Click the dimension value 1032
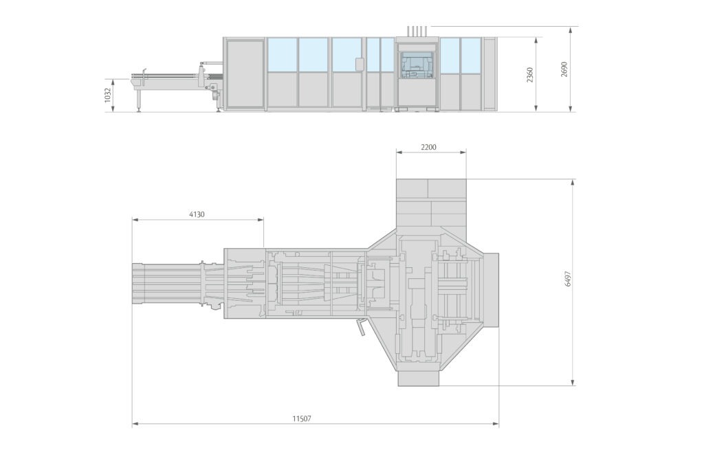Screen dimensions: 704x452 tap(107, 95)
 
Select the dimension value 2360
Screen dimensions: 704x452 tap(530, 75)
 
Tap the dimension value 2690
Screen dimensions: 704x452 tap(564, 69)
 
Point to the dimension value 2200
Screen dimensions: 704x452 tap(428, 146)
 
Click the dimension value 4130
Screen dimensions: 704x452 tap(197, 214)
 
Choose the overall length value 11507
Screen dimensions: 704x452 tap(302, 419)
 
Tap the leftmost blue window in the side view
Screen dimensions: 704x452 tap(282, 55)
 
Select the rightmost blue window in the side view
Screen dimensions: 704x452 tap(471, 55)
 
